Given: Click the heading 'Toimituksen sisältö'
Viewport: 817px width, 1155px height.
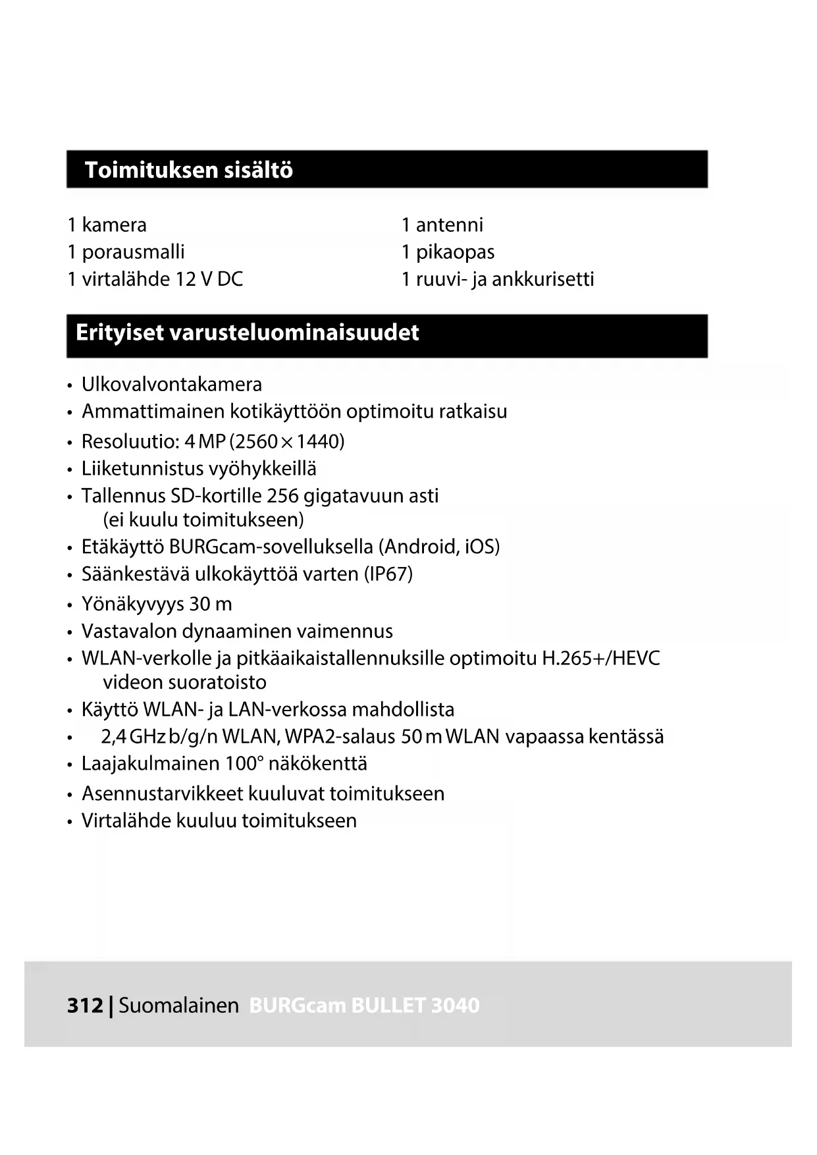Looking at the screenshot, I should (189, 170).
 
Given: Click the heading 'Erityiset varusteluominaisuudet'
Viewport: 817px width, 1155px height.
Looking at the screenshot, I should (247, 333).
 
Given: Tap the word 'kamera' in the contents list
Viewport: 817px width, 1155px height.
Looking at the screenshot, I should (114, 225).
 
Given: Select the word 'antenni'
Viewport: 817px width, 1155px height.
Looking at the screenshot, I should (450, 225).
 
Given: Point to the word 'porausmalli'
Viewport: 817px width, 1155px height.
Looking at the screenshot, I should (133, 252).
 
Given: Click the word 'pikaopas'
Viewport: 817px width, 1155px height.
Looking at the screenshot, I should (455, 252).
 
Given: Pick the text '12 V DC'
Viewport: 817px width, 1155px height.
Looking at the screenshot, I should (209, 279).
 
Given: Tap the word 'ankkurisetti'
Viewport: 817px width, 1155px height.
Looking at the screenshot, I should (543, 279).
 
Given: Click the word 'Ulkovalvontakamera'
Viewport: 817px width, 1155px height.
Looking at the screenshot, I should (172, 385).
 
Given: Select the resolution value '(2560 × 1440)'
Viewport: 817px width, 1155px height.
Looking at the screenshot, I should (287, 442).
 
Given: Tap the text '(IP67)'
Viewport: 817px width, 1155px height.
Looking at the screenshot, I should (388, 574).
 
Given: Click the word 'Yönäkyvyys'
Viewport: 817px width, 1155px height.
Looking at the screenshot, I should (132, 604).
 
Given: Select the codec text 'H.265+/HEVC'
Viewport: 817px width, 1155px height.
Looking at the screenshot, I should (600, 658).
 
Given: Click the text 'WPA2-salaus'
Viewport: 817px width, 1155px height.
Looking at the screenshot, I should (340, 737).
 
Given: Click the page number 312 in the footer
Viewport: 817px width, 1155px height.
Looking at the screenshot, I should (85, 1006).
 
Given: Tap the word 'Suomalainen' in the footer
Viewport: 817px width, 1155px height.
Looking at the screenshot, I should (178, 1006).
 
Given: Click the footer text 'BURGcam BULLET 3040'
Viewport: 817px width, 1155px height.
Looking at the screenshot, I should (364, 1006).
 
